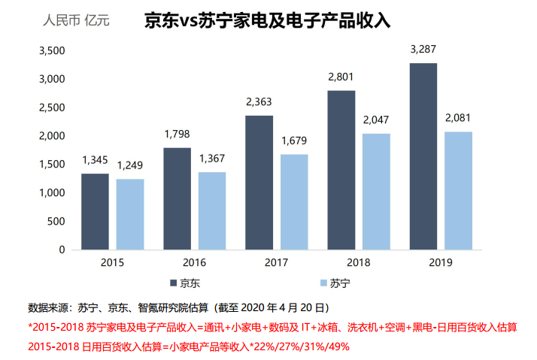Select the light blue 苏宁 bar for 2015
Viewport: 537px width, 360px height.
(130, 214)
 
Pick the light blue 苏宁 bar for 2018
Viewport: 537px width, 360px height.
(376, 192)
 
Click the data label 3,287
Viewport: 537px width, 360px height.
(423, 50)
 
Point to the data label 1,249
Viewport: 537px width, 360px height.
(130, 166)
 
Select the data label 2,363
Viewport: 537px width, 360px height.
(259, 102)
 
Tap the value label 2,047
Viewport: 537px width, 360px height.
(376, 120)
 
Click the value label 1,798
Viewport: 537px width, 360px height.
(177, 135)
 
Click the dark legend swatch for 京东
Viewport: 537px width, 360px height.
(173, 283)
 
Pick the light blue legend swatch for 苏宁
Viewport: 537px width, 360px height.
(323, 283)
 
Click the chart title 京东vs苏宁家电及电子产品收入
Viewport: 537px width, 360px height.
(267, 20)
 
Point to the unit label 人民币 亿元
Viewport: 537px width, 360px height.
(76, 20)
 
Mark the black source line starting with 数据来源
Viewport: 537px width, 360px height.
(177, 308)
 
